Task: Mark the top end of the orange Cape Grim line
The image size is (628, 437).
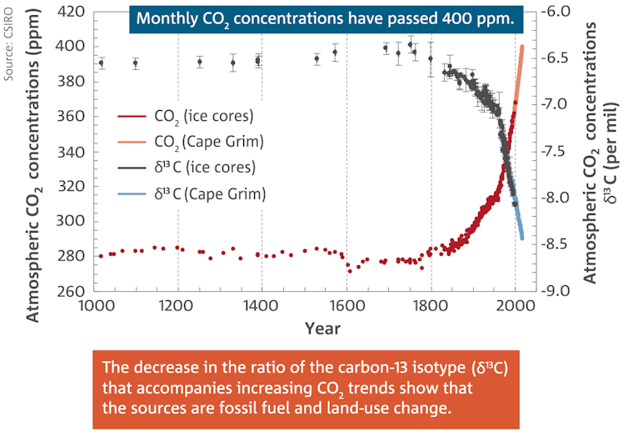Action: pos(522,46)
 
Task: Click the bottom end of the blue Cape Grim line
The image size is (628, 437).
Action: pos(522,239)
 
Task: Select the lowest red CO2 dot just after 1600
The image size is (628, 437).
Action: pos(350,271)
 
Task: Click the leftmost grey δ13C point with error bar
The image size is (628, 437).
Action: pos(101,63)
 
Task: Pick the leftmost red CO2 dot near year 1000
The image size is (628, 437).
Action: pos(101,256)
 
